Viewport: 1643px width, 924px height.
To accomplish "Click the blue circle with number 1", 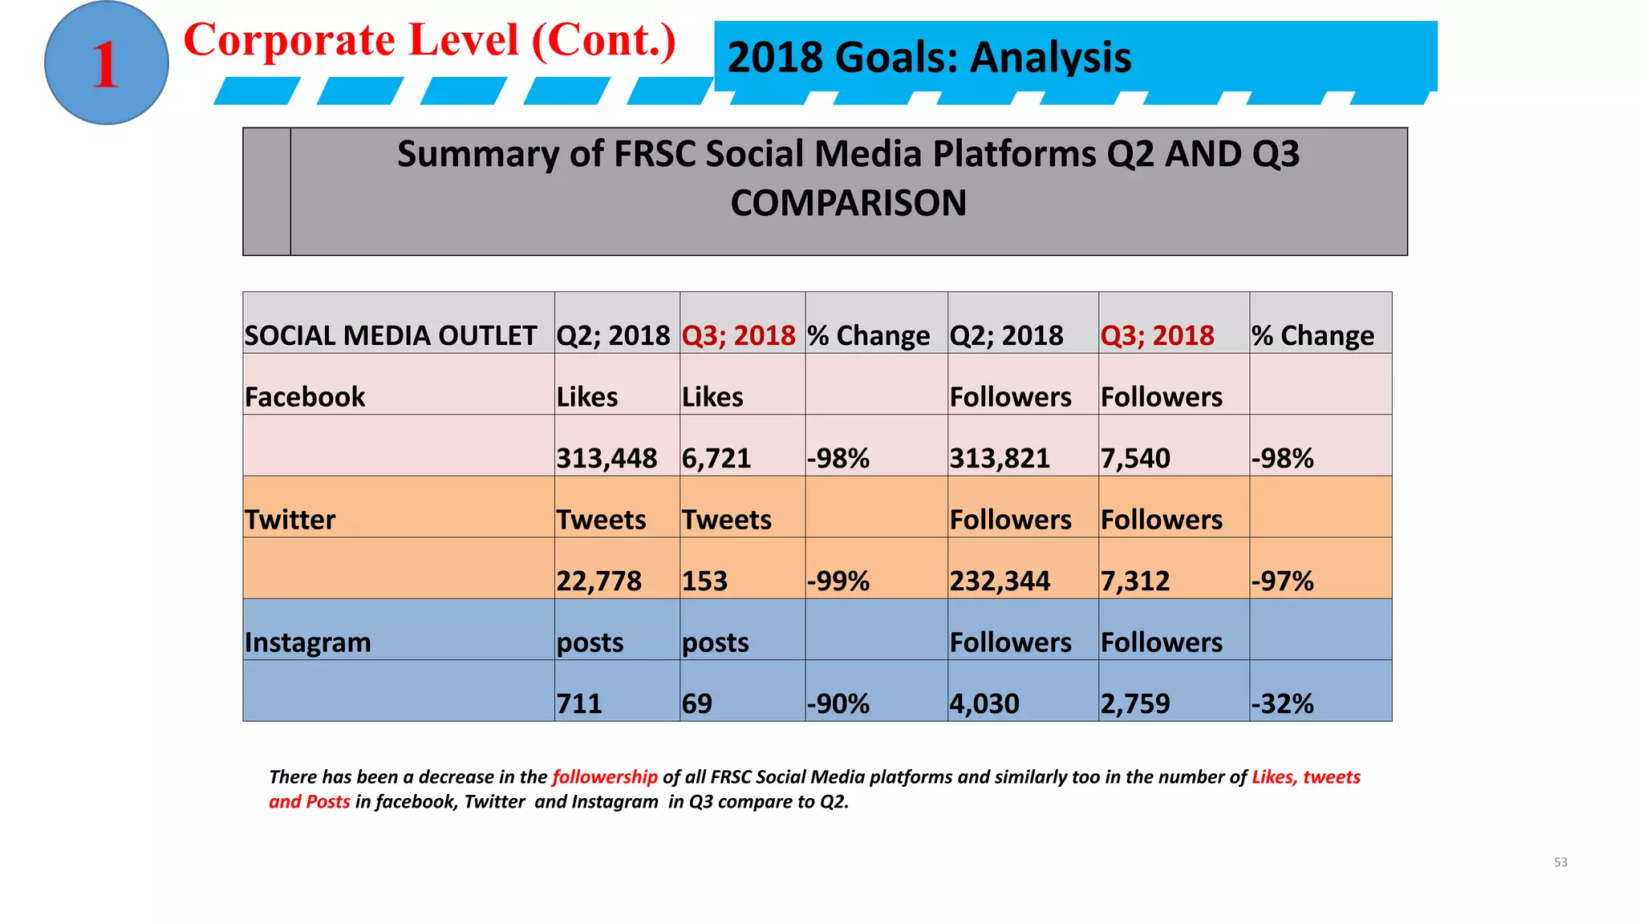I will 106,63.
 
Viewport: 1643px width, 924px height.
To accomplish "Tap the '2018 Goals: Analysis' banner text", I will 928,58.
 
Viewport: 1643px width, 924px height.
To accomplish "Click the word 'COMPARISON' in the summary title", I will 848,203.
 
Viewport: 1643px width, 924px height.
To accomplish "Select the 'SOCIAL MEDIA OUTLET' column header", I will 391,335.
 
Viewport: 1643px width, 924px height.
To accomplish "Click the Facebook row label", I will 305,397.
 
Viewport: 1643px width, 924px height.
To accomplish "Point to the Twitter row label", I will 290,520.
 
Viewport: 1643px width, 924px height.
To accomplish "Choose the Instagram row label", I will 308,642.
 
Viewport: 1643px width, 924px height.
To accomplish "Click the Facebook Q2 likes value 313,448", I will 606,458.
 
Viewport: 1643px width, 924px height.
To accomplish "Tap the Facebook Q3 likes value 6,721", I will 716,458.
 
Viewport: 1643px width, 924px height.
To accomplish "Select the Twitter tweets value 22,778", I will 598,581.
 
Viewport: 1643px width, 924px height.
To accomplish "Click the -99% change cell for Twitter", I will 838,581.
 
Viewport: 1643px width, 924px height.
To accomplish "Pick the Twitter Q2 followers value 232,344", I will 1000,581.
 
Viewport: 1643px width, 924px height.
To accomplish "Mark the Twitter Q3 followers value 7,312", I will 1135,581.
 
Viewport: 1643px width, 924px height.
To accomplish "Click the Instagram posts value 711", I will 579,703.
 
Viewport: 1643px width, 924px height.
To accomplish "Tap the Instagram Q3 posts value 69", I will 697,703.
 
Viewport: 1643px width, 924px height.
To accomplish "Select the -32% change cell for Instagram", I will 1282,703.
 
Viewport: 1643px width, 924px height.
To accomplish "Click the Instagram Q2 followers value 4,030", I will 984,703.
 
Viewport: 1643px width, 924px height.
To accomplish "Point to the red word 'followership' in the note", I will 605,776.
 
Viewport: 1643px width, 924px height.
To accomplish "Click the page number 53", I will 1560,862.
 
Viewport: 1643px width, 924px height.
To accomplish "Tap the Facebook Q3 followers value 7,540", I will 1135,458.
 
